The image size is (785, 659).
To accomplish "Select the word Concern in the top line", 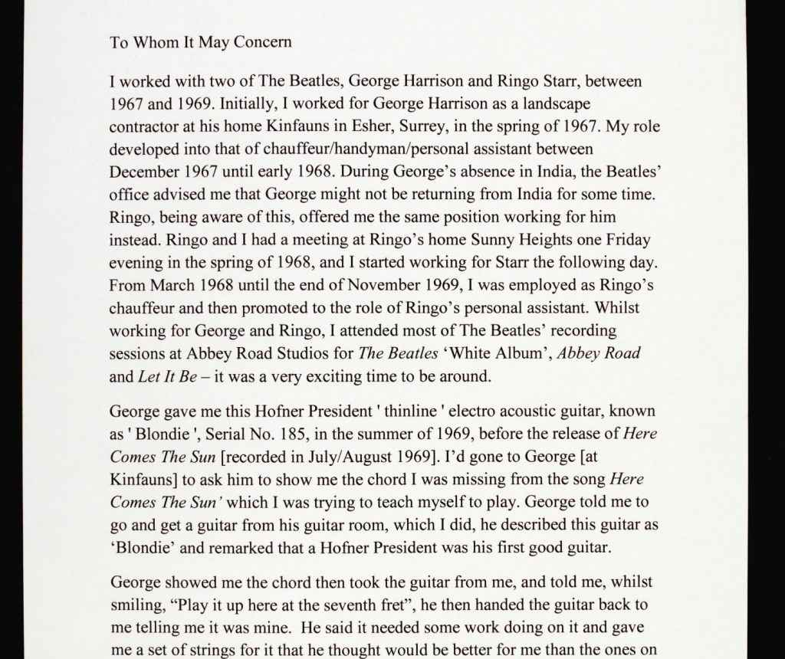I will (262, 42).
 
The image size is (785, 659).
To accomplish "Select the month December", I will (144, 172).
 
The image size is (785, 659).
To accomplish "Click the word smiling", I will (138, 605).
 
